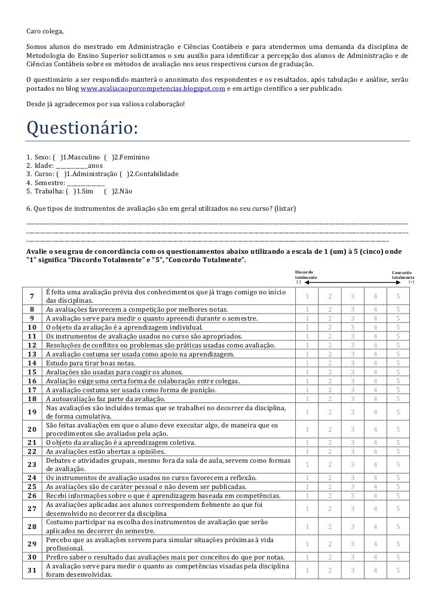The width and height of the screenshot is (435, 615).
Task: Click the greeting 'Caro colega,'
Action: point(45,30)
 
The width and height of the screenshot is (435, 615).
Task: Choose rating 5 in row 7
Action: point(398,297)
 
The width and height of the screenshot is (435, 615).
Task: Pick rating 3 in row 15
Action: point(353,371)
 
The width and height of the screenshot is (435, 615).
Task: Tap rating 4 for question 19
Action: point(375,411)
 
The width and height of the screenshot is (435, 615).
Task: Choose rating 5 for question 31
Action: point(398,570)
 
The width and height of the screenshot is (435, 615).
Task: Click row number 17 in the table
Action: point(33,389)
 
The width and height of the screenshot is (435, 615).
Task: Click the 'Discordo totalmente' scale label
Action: point(307,275)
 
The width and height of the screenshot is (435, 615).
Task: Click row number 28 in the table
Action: point(33,526)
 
